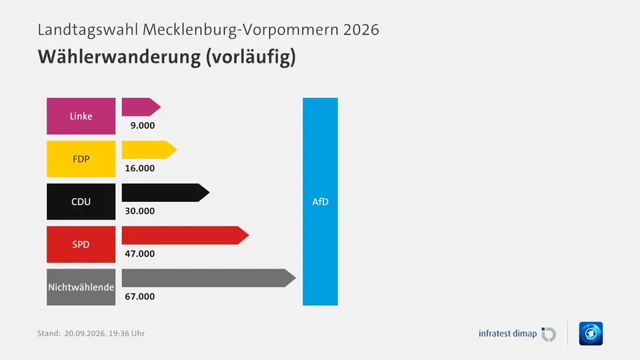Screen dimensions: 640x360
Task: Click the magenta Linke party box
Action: pos(81,116)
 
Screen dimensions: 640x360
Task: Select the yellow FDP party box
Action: pos(81,159)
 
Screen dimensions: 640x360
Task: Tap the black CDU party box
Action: pos(81,201)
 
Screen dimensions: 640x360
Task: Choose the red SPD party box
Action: pos(81,245)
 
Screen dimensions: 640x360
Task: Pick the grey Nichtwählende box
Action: pos(81,287)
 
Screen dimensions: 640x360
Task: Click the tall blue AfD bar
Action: pos(320,201)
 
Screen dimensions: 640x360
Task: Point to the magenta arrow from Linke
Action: pos(141,107)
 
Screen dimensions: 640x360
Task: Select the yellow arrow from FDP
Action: pos(149,150)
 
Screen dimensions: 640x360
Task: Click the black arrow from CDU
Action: pos(166,193)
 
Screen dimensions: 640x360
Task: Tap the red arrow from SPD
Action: pos(185,235)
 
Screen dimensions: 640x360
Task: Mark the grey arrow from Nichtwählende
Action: pos(209,278)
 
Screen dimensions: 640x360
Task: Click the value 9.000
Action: pos(143,126)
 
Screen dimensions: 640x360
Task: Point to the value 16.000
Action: pos(139,168)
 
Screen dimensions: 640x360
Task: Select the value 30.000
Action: pos(139,211)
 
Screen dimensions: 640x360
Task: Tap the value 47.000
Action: pos(139,254)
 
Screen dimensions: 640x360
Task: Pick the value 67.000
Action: pos(139,296)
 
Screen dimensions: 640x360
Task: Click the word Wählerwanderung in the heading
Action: pos(119,57)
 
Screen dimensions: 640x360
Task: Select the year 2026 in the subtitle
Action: pos(361,30)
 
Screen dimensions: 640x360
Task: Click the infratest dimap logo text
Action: pos(507,333)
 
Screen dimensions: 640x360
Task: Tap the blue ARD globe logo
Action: pos(591,333)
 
